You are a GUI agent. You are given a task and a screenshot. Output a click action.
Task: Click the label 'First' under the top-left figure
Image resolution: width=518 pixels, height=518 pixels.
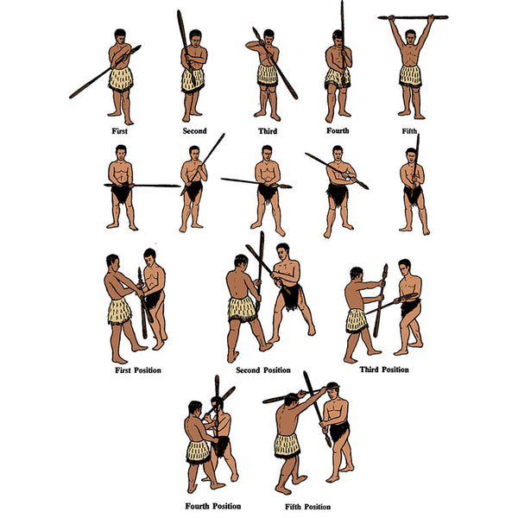tap(120, 131)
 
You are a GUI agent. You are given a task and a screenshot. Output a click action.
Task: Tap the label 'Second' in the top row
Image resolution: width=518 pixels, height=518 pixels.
tap(194, 131)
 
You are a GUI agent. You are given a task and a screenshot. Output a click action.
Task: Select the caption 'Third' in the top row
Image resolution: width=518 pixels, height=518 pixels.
tap(268, 131)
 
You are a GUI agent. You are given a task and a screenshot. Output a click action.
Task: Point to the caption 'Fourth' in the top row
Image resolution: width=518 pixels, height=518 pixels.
tap(338, 131)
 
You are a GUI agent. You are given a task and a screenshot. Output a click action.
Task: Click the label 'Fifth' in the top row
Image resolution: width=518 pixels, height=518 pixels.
tap(410, 131)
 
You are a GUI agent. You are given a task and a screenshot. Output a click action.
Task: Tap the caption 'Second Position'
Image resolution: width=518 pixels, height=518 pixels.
tap(262, 370)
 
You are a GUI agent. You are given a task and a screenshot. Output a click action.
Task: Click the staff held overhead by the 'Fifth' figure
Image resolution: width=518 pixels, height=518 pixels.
tap(413, 16)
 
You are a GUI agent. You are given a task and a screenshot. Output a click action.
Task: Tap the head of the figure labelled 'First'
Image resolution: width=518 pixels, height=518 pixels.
tap(121, 35)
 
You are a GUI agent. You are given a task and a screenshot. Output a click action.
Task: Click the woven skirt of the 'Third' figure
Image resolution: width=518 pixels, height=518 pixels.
tap(268, 75)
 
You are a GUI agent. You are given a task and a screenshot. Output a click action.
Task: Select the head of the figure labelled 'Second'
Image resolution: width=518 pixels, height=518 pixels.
tap(196, 36)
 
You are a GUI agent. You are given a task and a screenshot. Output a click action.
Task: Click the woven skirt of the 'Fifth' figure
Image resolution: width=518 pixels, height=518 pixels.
tap(411, 75)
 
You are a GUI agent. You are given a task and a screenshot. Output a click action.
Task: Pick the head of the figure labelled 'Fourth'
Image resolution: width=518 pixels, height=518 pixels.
tap(338, 37)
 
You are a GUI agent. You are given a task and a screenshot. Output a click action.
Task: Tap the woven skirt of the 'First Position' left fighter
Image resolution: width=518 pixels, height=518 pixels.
tap(120, 311)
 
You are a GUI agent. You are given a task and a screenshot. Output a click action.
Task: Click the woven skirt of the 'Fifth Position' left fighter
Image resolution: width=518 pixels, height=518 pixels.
tap(287, 445)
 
